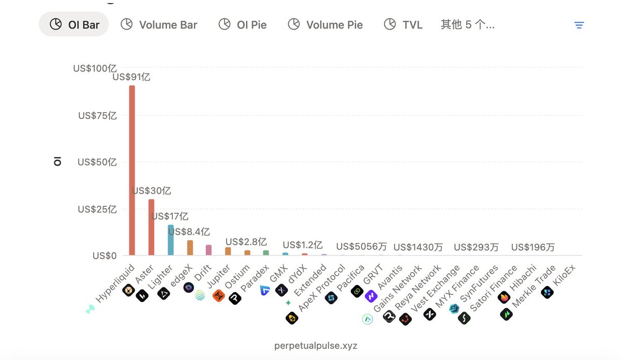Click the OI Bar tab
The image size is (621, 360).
tap(73, 24)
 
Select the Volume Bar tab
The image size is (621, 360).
tap(159, 24)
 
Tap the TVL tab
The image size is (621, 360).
tap(403, 24)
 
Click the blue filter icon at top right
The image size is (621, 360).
tap(579, 25)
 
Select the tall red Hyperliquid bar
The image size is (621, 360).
tap(132, 171)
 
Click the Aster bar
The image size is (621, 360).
tap(151, 228)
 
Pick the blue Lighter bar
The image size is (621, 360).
tap(170, 240)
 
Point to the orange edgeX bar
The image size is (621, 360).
tap(190, 248)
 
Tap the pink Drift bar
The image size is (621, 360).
tap(209, 250)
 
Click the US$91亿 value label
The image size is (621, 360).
tap(131, 77)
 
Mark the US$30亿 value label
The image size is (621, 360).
tap(151, 191)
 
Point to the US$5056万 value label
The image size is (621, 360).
tap(361, 247)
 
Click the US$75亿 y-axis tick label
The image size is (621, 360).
tap(97, 115)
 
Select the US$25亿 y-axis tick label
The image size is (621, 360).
tap(97, 209)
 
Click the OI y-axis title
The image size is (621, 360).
tap(57, 162)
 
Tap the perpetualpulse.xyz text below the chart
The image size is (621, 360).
tap(316, 345)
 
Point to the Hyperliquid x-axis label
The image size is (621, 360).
tap(114, 284)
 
